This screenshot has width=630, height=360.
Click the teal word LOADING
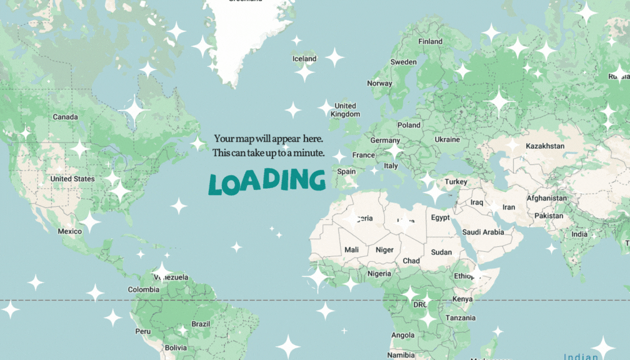267,181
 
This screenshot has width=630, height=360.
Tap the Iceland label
304,59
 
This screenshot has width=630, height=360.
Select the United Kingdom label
346,110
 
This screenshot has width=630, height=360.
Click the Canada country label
65,117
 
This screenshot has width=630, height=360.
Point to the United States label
72,179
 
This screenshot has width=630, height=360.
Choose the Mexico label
69,231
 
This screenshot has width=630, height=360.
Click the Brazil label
201,324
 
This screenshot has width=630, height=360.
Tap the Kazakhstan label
545,146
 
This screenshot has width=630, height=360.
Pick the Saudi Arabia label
483,232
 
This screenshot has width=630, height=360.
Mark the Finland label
430,42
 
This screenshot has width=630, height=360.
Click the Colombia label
143,289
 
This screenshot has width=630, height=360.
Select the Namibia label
401,354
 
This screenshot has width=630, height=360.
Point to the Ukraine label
447,139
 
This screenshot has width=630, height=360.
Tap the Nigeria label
379,273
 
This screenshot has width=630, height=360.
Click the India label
579,234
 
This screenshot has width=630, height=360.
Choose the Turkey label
456,182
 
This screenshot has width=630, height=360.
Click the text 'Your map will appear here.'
269,139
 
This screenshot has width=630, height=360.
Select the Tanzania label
461,317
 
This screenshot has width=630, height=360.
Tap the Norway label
379,83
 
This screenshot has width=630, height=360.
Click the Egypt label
440,217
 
